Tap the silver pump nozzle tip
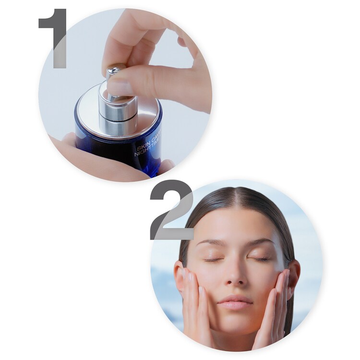point(115,70)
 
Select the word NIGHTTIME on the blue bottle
point(147,155)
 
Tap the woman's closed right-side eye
point(261,259)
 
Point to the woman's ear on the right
point(294,274)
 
